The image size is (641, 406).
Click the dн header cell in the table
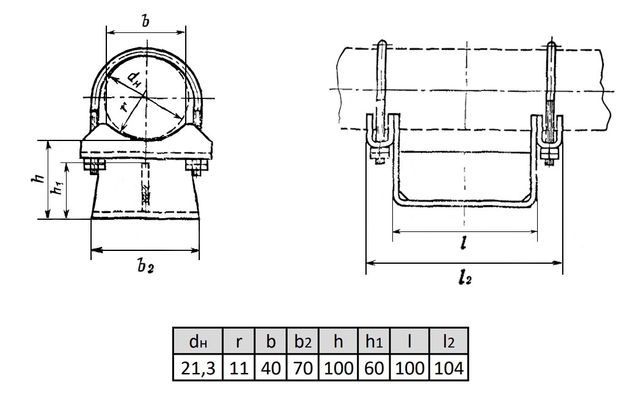(x=198, y=341)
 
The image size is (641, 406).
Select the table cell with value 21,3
(x=198, y=368)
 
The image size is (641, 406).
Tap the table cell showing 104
(x=449, y=368)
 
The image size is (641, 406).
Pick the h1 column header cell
(x=373, y=341)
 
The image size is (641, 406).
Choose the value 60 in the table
(x=373, y=368)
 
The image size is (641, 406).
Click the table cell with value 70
(x=303, y=368)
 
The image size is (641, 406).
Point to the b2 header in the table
(x=303, y=341)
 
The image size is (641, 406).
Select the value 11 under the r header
(x=238, y=368)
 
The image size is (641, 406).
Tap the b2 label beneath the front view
(x=145, y=267)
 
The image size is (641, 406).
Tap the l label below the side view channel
(x=463, y=243)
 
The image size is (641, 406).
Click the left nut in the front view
(x=94, y=166)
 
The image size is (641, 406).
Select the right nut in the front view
(x=196, y=167)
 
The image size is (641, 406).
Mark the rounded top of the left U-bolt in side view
(x=382, y=42)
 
